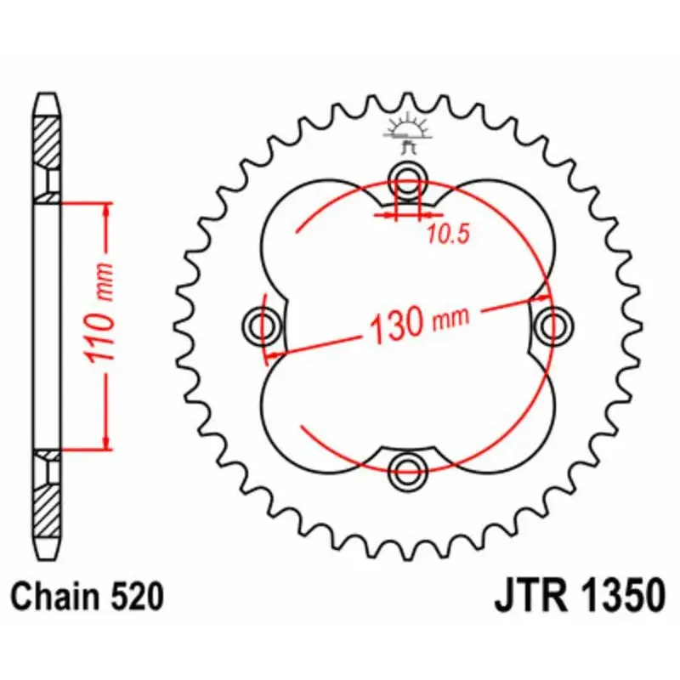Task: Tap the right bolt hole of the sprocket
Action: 553,323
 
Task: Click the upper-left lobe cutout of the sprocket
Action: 314,238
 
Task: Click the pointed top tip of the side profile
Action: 48,96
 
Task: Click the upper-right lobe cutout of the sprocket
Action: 501,238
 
